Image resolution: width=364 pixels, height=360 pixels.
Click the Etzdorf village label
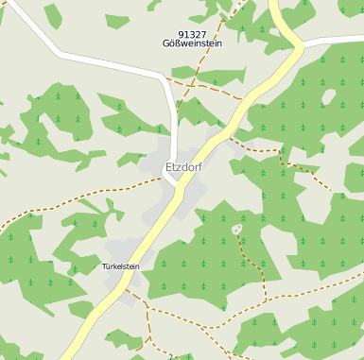tap(183, 167)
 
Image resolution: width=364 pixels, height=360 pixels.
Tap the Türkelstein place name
tap(121, 266)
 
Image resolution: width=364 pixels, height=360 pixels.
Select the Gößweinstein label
tap(193, 43)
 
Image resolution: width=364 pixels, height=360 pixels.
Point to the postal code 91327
tap(192, 34)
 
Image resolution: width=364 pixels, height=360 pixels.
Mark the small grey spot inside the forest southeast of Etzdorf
tap(236, 229)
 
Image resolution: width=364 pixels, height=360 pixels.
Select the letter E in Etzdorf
tap(168, 167)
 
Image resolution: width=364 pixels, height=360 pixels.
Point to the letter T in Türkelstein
tap(104, 266)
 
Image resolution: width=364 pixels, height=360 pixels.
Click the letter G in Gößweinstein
tap(166, 43)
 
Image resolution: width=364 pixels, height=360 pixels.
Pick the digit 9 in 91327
tap(181, 34)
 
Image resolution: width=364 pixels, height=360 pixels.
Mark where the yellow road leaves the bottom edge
tap(66, 357)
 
